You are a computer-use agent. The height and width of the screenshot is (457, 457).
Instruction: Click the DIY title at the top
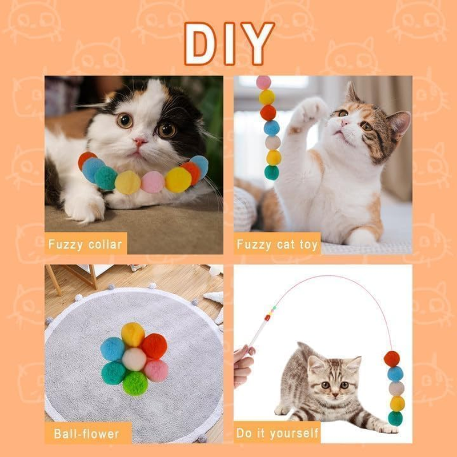[229, 44]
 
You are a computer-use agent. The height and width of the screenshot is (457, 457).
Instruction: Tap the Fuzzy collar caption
[85, 244]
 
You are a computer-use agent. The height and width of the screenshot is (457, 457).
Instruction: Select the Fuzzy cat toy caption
[277, 244]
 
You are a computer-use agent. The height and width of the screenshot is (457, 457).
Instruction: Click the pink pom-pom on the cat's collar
[153, 182]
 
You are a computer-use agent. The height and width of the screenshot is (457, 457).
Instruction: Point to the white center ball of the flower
[134, 359]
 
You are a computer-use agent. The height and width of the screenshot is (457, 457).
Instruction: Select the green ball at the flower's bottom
[135, 383]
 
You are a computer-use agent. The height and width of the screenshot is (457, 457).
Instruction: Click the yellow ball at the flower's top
[133, 334]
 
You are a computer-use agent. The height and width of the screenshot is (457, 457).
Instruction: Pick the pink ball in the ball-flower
[155, 370]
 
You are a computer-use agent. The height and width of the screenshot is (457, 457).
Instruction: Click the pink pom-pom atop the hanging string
[263, 82]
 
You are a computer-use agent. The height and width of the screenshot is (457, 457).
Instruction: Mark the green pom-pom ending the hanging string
[272, 172]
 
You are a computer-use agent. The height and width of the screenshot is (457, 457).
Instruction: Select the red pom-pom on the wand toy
[391, 359]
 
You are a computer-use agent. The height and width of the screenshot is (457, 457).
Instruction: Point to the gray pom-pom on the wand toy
[395, 389]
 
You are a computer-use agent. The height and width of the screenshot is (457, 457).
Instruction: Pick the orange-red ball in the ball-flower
[154, 346]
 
